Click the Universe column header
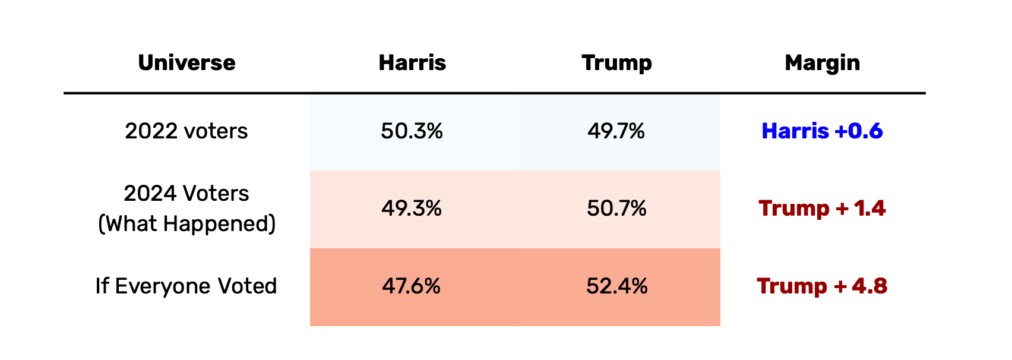[186, 63]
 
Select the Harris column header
[412, 63]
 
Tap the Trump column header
[616, 63]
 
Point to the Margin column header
[822, 63]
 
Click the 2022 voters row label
[186, 131]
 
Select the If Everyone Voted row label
[186, 286]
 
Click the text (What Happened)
[186, 224]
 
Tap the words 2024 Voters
[186, 194]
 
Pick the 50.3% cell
[412, 131]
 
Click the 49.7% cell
[616, 131]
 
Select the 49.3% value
[412, 209]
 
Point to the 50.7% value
[616, 209]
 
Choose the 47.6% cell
[411, 286]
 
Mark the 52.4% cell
[616, 286]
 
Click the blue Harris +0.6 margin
[822, 131]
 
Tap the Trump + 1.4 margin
[822, 209]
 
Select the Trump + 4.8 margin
[822, 286]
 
